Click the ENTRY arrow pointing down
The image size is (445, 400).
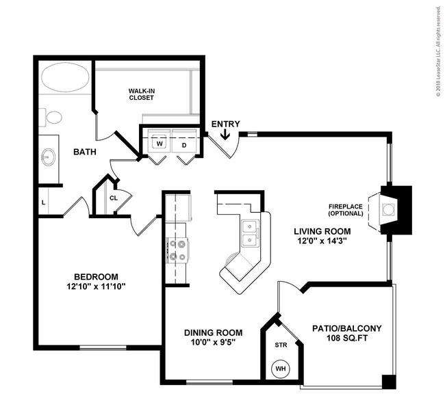(225, 135)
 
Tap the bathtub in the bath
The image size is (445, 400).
(65, 77)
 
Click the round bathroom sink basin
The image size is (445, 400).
(48, 157)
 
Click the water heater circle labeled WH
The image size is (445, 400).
(281, 369)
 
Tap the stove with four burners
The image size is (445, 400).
(177, 250)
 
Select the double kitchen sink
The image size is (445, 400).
(250, 233)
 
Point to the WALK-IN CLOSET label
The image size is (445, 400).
(141, 94)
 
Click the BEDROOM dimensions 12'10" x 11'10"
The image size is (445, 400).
(96, 286)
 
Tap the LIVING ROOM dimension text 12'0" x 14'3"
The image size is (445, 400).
(322, 241)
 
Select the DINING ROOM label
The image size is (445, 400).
(214, 332)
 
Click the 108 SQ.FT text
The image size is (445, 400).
(347, 338)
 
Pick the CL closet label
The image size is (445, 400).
(114, 198)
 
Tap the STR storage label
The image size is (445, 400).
(281, 345)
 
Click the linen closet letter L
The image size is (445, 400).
(43, 202)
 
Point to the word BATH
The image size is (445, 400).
(85, 152)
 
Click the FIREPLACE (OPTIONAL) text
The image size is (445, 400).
(345, 210)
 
